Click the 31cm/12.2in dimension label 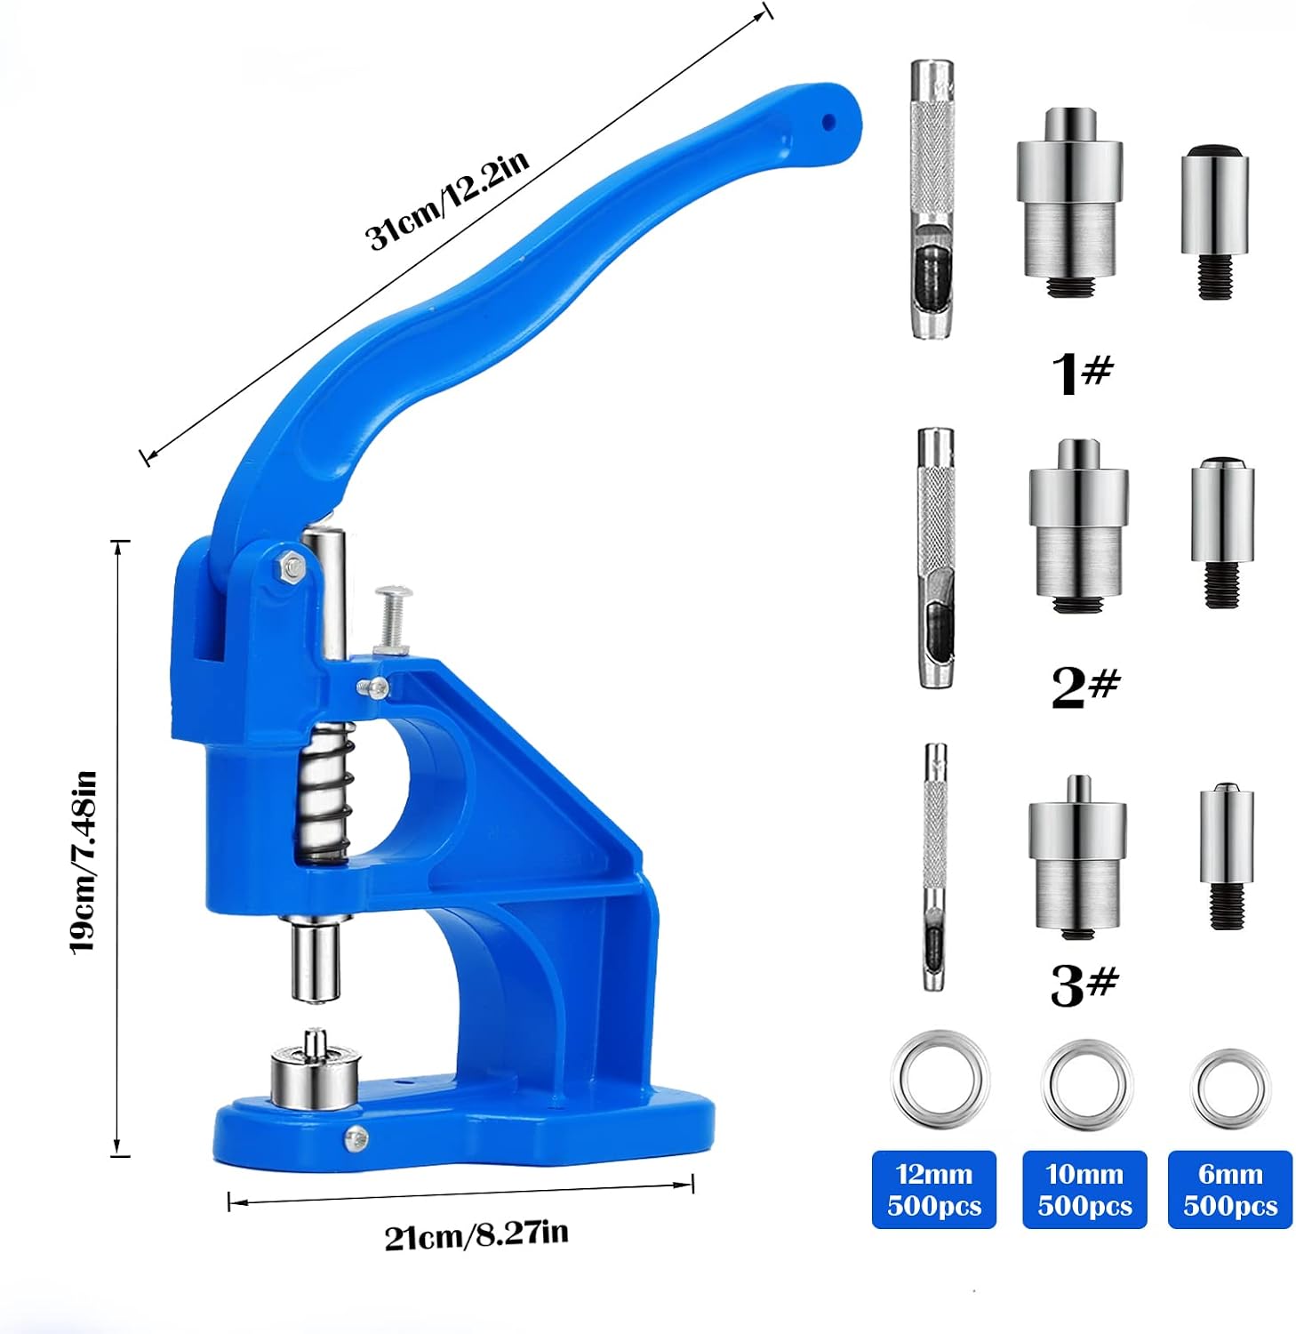[448, 199]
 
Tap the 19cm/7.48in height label [83, 862]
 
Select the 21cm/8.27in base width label [476, 1234]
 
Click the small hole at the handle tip [828, 122]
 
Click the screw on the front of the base [356, 1137]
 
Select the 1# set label [1082, 372]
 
